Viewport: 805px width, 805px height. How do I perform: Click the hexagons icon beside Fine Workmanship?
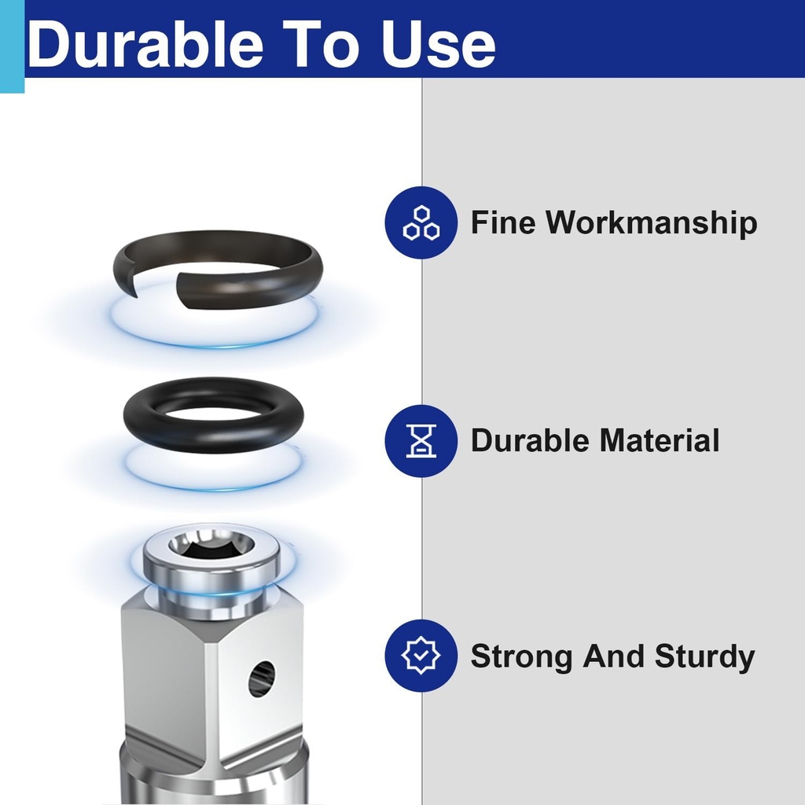click(421, 222)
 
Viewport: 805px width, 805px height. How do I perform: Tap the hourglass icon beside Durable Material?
click(421, 440)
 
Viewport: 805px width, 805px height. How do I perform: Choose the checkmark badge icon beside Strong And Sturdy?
click(421, 656)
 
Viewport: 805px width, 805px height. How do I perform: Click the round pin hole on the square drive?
click(262, 678)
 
